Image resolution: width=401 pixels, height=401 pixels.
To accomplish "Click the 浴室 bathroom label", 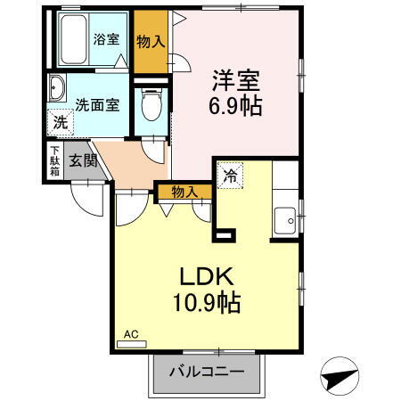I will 107,39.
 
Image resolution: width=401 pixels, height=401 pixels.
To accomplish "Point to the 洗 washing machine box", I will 60,123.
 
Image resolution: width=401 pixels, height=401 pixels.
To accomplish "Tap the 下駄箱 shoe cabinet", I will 55,160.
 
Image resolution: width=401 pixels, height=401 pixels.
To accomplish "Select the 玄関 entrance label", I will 78,160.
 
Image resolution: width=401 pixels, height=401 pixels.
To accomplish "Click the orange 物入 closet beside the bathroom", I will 151,41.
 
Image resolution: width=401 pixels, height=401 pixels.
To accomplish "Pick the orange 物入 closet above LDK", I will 184,192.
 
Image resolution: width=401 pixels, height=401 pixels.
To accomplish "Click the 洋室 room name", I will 235,80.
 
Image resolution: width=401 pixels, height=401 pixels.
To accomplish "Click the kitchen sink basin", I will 287,217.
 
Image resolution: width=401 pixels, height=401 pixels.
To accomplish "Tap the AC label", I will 131,334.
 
